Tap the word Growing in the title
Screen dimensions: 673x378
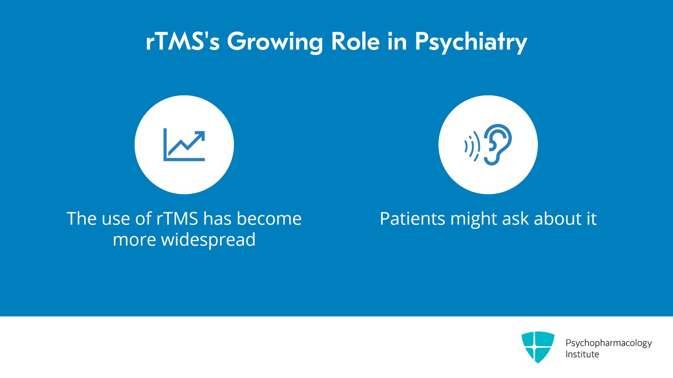pyautogui.click(x=275, y=43)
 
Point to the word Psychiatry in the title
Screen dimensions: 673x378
pyautogui.click(x=471, y=42)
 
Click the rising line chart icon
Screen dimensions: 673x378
pyautogui.click(x=184, y=145)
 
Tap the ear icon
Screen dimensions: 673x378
pyautogui.click(x=497, y=144)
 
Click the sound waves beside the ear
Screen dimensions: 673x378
pyautogui.click(x=472, y=146)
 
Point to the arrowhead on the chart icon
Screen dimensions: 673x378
pyautogui.click(x=199, y=137)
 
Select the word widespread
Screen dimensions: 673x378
pyautogui.click(x=208, y=240)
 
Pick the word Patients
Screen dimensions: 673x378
pyautogui.click(x=413, y=218)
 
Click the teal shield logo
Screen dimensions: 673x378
pyautogui.click(x=538, y=347)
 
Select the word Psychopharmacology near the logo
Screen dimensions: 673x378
pyautogui.click(x=609, y=343)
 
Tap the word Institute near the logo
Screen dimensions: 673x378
pyautogui.click(x=582, y=354)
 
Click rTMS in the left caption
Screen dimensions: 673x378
pyautogui.click(x=177, y=218)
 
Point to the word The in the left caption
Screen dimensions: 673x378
pyautogui.click(x=82, y=218)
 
